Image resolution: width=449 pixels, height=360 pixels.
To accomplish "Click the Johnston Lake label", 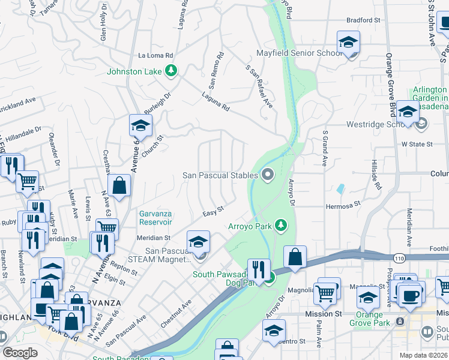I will point(134,71).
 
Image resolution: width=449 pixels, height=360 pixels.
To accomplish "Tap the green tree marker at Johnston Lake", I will point(172,71).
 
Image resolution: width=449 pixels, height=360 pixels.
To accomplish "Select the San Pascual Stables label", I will point(221,175).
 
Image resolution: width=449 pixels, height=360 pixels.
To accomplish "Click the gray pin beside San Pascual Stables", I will point(268,175).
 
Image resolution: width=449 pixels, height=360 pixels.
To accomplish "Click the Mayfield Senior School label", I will point(300,53).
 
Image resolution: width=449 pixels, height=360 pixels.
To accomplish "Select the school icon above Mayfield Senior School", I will point(348,42).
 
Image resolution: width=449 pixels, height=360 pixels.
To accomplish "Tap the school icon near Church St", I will point(140,125).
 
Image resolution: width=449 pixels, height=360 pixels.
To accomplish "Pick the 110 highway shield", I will point(399,257).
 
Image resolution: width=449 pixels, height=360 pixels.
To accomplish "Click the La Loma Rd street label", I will point(155,55).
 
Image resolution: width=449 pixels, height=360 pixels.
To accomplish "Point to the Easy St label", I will point(213,210).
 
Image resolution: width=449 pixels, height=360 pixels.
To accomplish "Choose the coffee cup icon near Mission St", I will point(411,296).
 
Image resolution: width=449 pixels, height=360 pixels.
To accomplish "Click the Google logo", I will point(20,353).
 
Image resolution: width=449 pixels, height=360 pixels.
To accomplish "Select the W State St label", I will point(417,144).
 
